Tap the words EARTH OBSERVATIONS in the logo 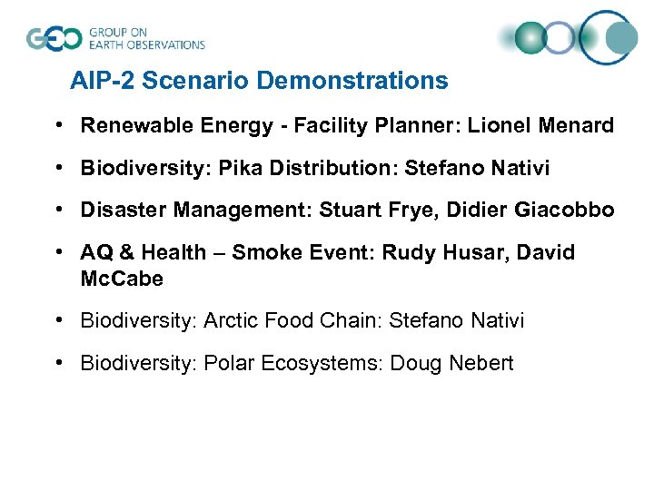[x=146, y=44]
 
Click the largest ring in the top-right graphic [x=608, y=37]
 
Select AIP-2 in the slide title [x=96, y=81]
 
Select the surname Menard [x=574, y=126]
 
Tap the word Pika [x=241, y=168]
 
